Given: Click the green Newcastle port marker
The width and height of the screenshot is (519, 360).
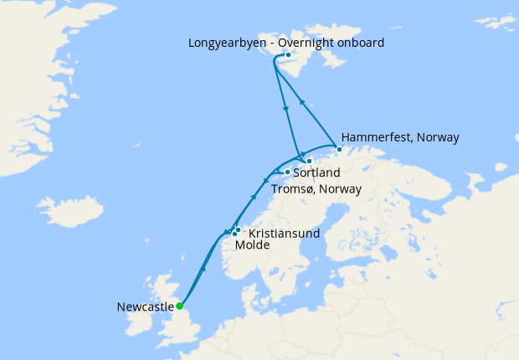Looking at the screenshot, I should (179, 306).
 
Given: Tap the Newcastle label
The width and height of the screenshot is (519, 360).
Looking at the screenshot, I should (145, 306).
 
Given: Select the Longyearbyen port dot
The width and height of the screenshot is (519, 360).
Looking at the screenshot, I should (288, 55).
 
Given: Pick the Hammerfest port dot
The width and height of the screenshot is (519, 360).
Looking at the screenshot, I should (339, 149).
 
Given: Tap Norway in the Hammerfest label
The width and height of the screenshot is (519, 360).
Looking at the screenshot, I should (438, 137).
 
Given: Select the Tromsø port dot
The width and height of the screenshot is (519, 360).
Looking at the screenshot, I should (309, 161).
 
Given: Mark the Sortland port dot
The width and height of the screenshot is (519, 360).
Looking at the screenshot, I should (287, 172).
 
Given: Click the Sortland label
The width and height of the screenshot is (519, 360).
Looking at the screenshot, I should (317, 173).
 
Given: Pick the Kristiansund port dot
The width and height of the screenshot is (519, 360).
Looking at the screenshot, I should (238, 229).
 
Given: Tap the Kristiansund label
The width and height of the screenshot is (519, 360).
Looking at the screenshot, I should (285, 233).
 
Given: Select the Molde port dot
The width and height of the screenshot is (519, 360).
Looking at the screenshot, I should (234, 234).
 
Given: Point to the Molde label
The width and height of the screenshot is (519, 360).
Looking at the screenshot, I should (253, 245).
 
